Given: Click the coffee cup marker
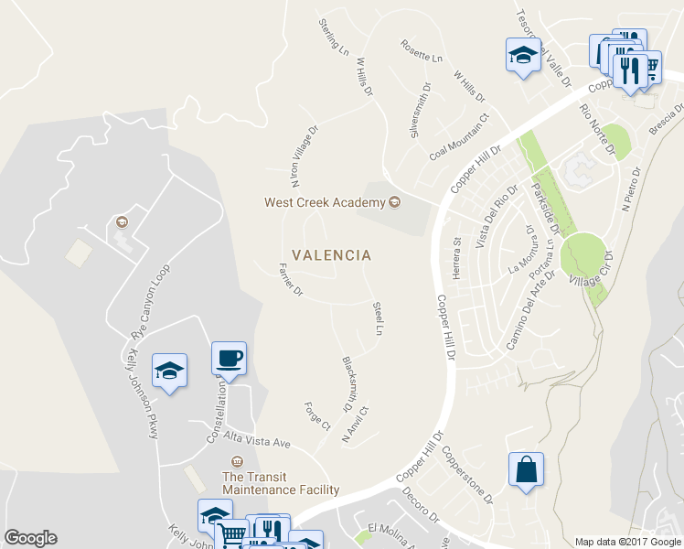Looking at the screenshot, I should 229,358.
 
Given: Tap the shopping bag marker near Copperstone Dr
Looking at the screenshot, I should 526,470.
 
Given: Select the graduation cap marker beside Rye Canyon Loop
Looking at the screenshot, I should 169,371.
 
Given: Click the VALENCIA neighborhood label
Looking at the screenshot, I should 331,255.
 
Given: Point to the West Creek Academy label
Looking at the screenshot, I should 326,202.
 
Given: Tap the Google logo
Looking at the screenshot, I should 30,538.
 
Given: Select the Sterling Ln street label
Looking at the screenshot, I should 334,35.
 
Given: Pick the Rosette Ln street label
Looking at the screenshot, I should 421,51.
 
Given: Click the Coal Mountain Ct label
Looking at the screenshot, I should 461,137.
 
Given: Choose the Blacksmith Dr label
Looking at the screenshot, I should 347,382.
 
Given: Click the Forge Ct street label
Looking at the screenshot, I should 318,416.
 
